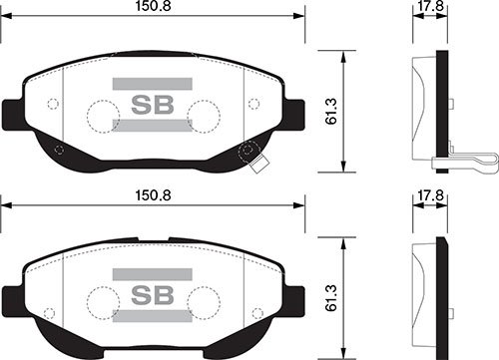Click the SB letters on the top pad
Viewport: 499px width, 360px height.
153,104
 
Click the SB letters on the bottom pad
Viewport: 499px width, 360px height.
153,295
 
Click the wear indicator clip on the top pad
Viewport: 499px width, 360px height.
249,153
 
